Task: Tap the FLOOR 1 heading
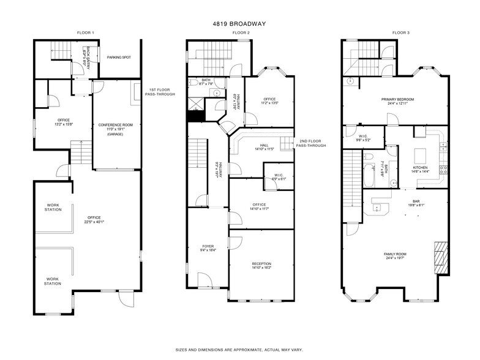85,32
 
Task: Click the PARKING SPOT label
119,58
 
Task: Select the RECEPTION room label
261,264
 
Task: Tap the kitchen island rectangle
421,151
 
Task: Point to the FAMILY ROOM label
397,253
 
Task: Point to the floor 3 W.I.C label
363,136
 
